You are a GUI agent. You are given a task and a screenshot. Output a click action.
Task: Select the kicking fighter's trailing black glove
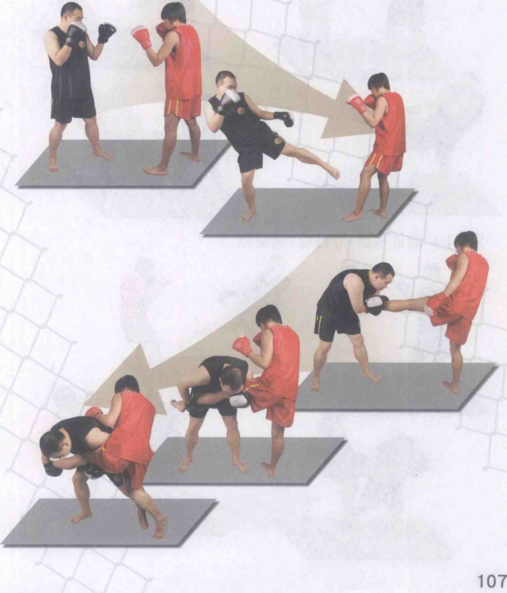(x=284, y=119)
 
